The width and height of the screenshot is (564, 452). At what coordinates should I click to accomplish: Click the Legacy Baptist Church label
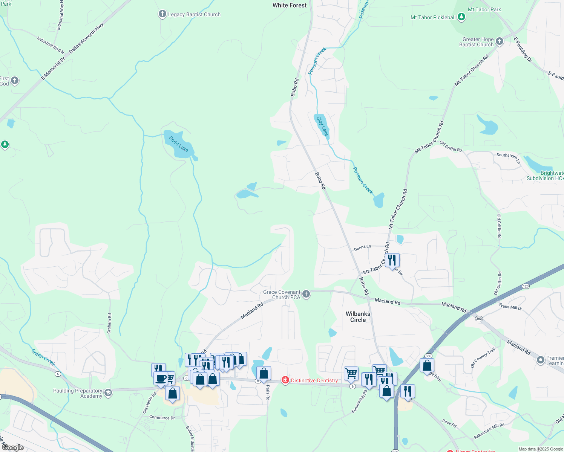[194, 15]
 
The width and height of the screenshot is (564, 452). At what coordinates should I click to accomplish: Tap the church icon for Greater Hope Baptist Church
[500, 41]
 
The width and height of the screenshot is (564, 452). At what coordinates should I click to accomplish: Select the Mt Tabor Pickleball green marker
[461, 17]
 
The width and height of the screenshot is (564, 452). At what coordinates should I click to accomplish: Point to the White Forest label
[290, 5]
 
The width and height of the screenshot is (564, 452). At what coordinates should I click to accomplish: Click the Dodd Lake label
[179, 144]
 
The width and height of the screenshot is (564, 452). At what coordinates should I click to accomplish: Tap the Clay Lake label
[323, 126]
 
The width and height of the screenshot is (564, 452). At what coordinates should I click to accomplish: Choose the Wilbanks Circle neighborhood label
[358, 317]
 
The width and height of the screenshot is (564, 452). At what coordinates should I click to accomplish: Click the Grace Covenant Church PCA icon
[306, 294]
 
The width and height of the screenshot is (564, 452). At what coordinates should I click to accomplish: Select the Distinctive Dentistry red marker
[285, 380]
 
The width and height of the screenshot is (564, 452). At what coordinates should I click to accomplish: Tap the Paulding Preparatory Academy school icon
[108, 393]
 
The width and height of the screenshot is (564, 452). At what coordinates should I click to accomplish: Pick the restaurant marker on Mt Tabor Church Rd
[392, 260]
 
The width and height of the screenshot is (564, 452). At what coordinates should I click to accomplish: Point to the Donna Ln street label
[362, 247]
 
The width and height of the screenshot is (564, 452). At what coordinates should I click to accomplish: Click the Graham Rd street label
[109, 323]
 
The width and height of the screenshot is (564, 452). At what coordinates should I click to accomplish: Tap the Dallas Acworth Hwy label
[86, 38]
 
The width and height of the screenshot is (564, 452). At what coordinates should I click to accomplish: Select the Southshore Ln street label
[508, 158]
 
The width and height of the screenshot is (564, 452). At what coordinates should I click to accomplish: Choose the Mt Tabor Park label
[484, 9]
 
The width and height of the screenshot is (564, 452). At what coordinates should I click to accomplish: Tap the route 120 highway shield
[526, 287]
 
